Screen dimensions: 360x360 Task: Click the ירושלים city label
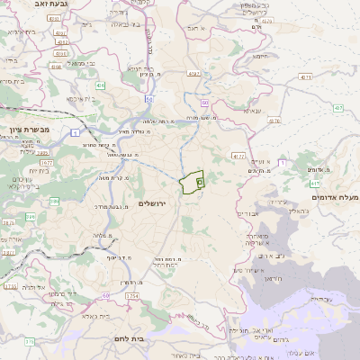point(155,204)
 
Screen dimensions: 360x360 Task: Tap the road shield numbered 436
point(100,85)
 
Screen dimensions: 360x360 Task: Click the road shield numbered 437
point(338,108)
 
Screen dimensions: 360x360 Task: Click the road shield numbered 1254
point(132,296)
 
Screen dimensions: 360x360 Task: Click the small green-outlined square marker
point(200,180)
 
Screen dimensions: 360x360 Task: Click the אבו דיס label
point(247,213)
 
